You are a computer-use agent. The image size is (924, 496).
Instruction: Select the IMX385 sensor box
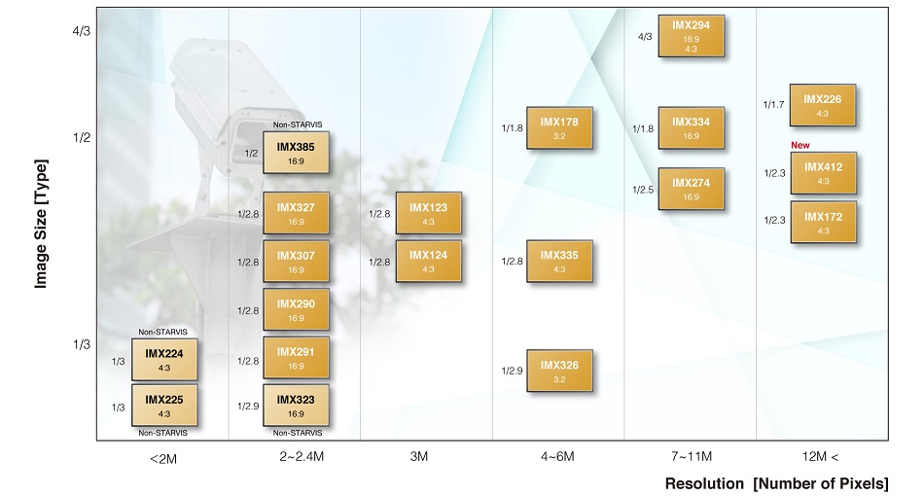tap(296, 153)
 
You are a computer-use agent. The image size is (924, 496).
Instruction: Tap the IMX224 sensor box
tap(164, 358)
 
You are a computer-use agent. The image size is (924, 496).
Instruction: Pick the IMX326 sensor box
tap(559, 371)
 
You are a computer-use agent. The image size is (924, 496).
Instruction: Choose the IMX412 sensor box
tap(823, 173)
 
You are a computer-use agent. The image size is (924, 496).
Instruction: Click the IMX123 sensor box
tap(428, 213)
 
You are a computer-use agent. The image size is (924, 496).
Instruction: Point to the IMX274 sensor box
tap(691, 189)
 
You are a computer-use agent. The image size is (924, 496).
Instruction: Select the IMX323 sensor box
tap(296, 405)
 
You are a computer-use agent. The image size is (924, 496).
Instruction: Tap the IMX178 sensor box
tap(559, 127)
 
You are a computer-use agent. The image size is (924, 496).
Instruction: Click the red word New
tap(800, 145)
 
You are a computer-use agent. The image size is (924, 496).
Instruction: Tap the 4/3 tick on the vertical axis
tap(81, 31)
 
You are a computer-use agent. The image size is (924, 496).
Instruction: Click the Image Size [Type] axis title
tap(41, 224)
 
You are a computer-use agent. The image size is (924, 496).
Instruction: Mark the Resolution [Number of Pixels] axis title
tap(776, 483)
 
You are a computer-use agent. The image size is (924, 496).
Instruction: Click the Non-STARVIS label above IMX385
tap(297, 124)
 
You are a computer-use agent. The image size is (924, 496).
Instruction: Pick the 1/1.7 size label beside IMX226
tap(774, 104)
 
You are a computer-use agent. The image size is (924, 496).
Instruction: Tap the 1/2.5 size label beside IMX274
tap(643, 189)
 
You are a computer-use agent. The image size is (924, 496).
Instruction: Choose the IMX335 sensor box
tap(559, 261)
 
